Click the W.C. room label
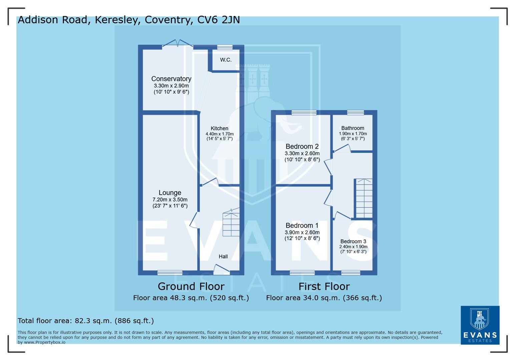[225, 60]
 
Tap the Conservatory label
[171, 79]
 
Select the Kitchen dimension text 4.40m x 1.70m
[219, 134]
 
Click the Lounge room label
[170, 193]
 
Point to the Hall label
[223, 256]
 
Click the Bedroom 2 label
[302, 146]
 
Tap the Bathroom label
[353, 128]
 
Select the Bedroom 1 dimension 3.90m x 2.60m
[302, 232]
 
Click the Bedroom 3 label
[353, 241]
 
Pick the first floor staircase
[364, 198]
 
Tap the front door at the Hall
[221, 270]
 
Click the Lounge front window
[170, 273]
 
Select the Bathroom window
[355, 113]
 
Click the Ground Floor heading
[191, 286]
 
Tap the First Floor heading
[324, 286]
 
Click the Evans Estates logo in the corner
[480, 325]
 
